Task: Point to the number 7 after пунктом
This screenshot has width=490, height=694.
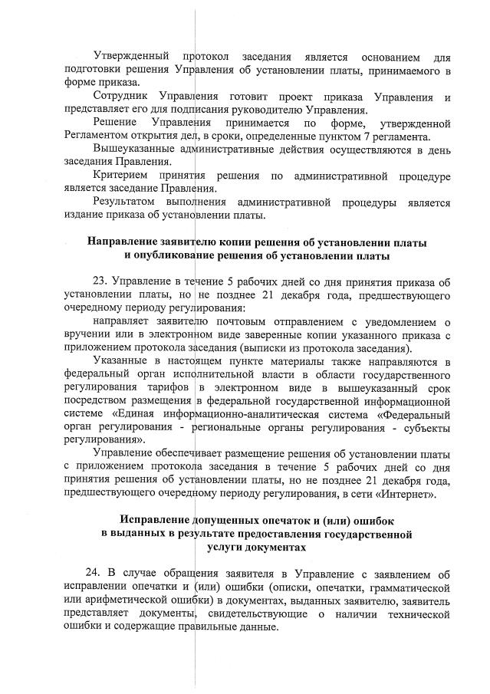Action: [372, 136]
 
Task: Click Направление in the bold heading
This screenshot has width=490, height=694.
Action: [125, 242]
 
